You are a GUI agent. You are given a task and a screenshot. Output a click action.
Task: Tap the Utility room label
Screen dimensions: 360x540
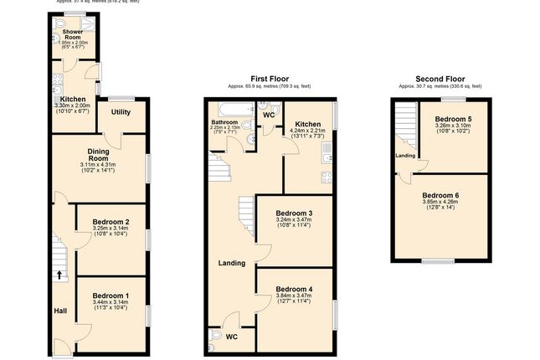coord(121,111)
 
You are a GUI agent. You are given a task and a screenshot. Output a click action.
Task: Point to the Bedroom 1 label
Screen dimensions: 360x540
coord(110,296)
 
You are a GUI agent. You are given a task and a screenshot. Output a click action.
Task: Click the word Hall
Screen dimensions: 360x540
coord(60,311)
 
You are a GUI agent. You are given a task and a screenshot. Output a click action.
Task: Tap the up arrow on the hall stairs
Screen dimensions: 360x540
coord(59,274)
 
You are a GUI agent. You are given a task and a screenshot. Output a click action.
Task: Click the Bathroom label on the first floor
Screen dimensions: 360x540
coord(224,121)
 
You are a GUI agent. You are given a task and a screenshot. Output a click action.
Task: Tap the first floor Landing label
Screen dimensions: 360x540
coord(231,263)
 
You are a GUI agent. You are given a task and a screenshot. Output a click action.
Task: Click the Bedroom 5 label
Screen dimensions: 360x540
coord(453,120)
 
